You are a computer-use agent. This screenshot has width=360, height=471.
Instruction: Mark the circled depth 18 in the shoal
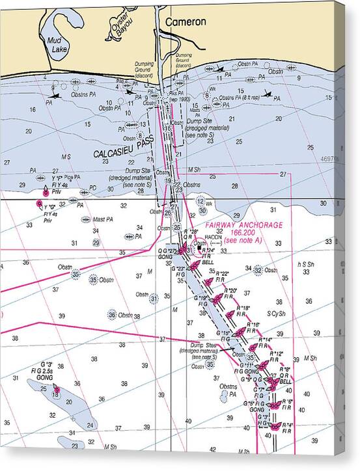(x=56, y=394)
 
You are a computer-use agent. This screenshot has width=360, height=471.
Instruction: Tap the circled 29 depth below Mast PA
(x=96, y=243)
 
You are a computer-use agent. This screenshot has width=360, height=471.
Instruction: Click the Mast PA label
(x=102, y=219)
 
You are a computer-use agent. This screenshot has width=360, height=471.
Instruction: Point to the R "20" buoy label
(x=230, y=290)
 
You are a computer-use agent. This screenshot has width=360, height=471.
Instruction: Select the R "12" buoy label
(x=277, y=354)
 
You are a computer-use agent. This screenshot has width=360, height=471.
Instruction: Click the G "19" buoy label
(x=201, y=299)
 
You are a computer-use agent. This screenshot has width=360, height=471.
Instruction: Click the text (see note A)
(x=242, y=241)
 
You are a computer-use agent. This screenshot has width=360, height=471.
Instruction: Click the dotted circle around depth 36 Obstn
(x=112, y=314)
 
